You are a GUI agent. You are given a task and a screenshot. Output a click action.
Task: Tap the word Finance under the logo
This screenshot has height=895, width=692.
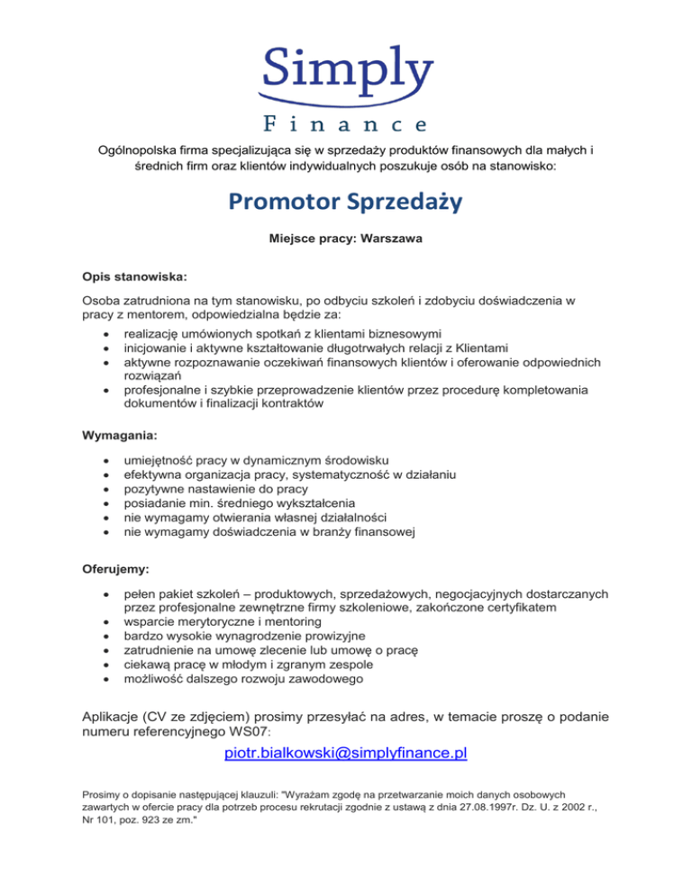[346, 122]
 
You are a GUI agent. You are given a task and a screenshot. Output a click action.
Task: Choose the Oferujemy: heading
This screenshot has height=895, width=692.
[113, 569]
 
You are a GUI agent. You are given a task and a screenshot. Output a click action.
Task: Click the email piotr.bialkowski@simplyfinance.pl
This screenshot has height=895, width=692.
[345, 752]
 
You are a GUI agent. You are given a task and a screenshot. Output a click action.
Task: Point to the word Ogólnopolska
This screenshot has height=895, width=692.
[138, 149]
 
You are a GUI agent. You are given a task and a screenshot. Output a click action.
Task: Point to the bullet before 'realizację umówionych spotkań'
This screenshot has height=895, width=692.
[107, 332]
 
